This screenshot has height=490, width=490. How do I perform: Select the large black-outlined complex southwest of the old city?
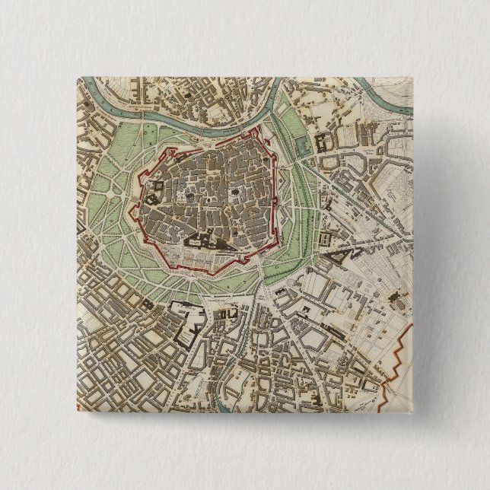pos(188,320)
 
